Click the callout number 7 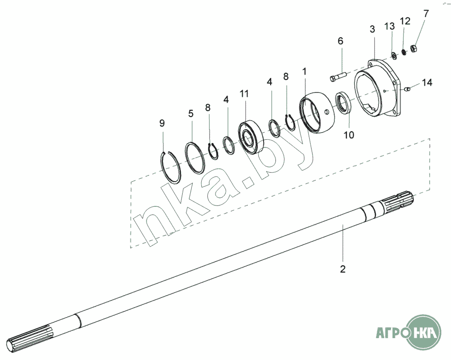[x=426, y=13]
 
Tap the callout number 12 [x=405, y=21]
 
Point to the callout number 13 [x=390, y=26]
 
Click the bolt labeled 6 [x=339, y=77]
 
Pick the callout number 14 [x=427, y=83]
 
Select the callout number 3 [x=373, y=29]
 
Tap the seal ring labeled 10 [x=343, y=103]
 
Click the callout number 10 [x=349, y=135]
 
